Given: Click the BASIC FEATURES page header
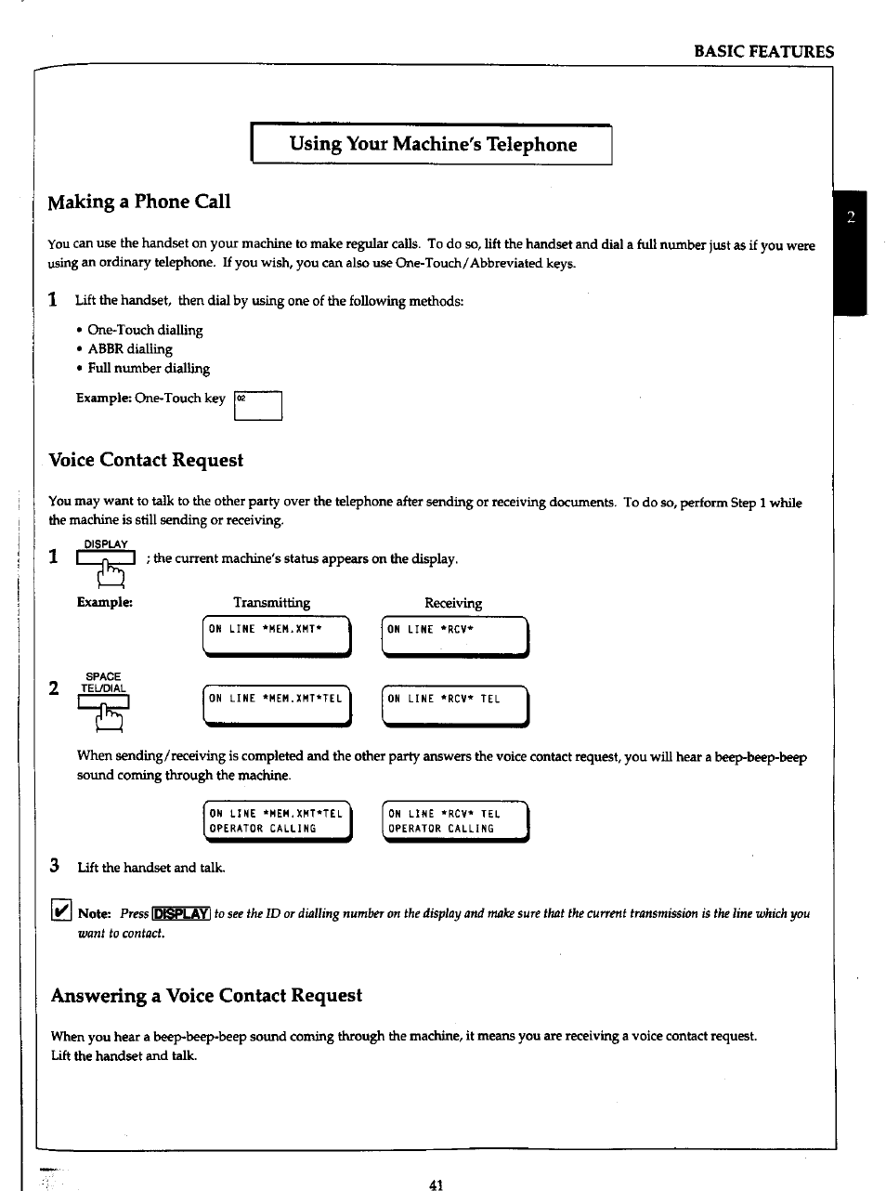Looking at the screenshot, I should click(x=763, y=52).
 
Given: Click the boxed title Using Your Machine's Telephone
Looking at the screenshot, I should click(x=432, y=144).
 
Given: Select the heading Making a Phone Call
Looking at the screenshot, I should click(x=139, y=202).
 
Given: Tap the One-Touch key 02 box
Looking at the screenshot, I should click(x=257, y=406).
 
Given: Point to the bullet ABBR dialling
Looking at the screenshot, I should click(x=129, y=349).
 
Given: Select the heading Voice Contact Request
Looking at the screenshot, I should click(x=146, y=460).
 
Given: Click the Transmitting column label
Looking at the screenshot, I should click(x=271, y=603).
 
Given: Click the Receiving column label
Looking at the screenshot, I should click(x=453, y=603).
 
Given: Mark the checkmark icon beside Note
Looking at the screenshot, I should click(x=60, y=912).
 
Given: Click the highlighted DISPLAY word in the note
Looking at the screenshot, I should click(x=181, y=913).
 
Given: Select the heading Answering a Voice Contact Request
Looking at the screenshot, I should click(x=206, y=995).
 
